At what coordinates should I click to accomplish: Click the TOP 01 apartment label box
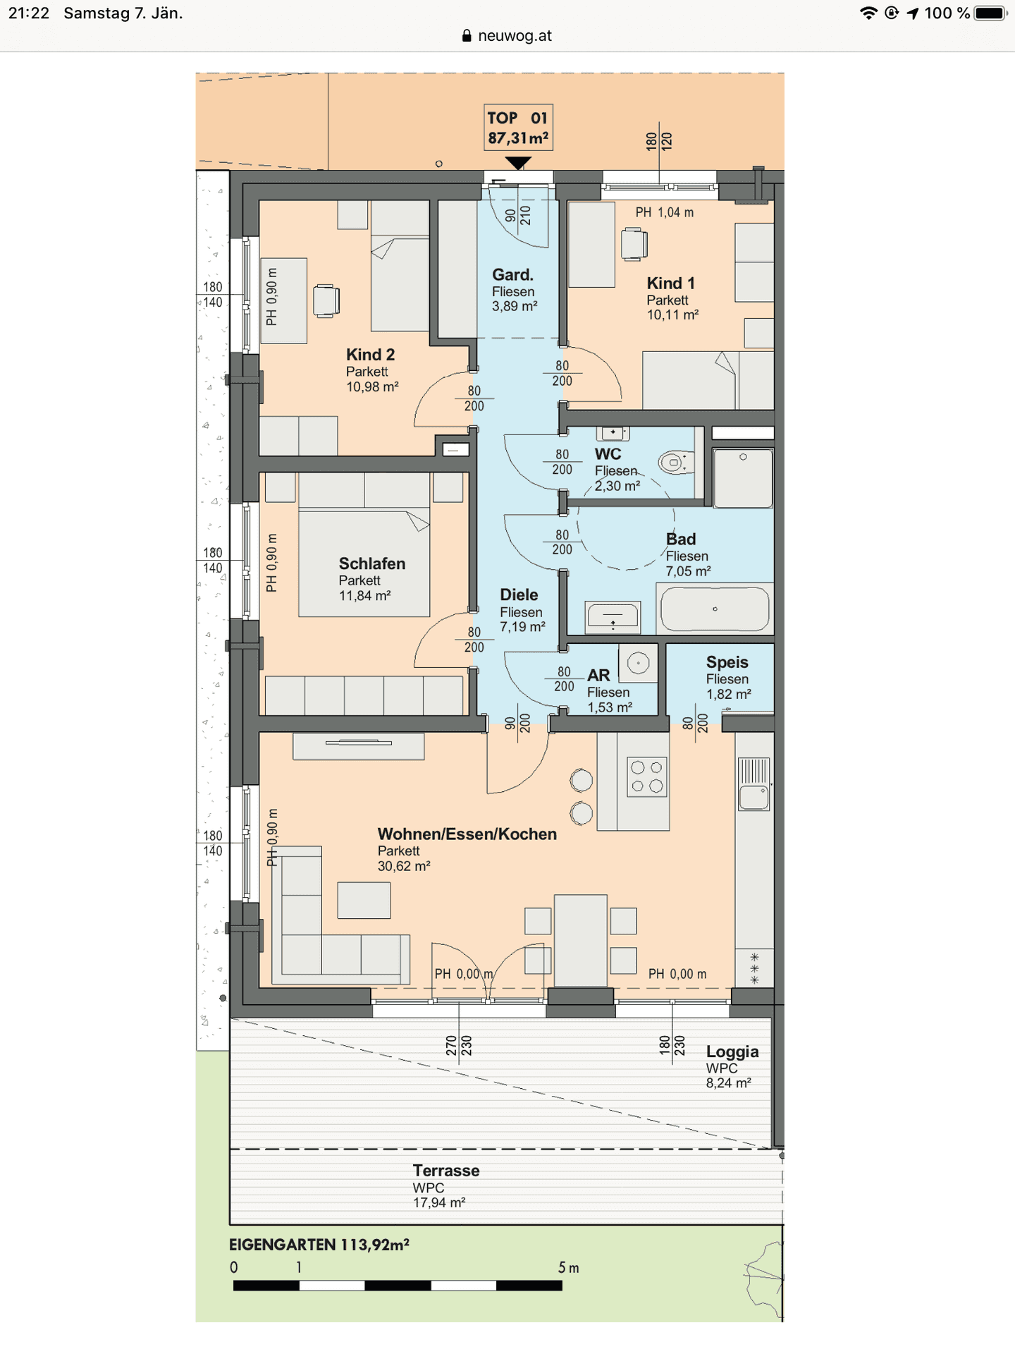click(518, 128)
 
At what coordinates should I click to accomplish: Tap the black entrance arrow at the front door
click(518, 163)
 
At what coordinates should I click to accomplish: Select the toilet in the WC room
click(676, 462)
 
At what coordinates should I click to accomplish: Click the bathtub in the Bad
click(715, 609)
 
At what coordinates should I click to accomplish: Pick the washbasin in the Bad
click(613, 616)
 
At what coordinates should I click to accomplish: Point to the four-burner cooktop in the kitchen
click(647, 776)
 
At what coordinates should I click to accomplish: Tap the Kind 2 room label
click(370, 355)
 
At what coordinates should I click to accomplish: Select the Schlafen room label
click(372, 563)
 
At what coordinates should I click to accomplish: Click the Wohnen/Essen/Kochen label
click(467, 834)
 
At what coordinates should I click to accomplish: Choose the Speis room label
click(727, 662)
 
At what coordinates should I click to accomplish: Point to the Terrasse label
click(446, 1171)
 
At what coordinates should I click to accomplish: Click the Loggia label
click(732, 1052)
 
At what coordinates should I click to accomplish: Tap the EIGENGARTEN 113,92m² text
click(319, 1245)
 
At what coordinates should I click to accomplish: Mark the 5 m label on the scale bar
click(569, 1267)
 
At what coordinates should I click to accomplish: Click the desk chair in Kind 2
click(326, 300)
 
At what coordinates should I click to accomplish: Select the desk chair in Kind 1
click(634, 244)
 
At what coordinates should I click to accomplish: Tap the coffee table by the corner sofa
click(364, 900)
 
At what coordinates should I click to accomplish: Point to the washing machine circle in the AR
click(638, 664)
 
